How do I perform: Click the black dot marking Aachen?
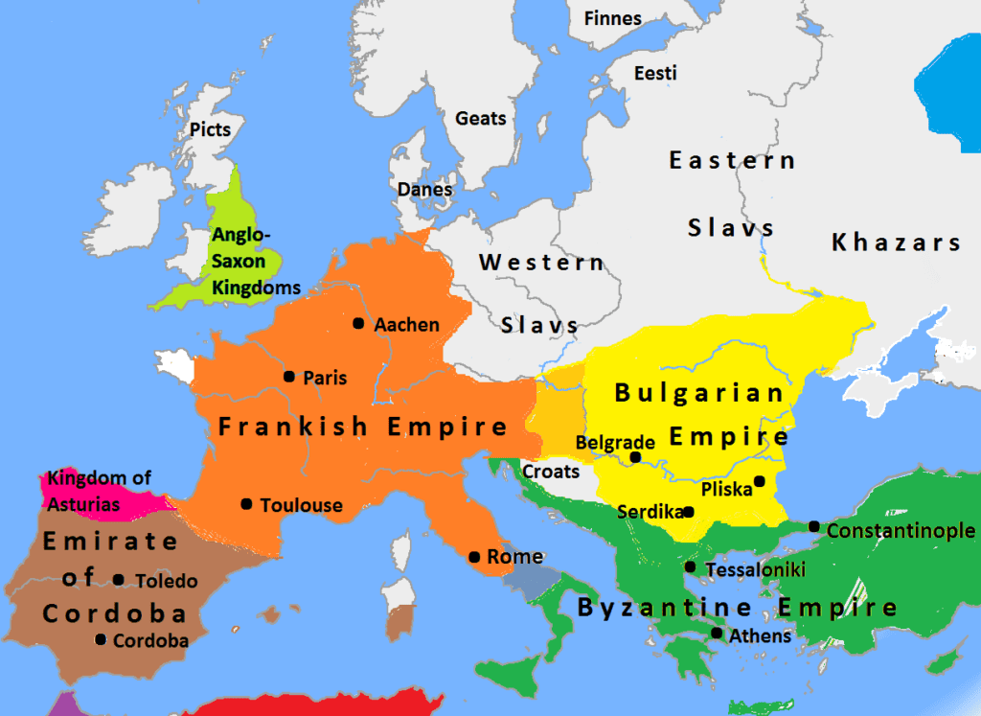coord(358,324)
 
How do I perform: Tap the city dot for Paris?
coord(289,377)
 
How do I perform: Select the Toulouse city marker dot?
coord(247,503)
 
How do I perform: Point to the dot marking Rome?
coord(474,557)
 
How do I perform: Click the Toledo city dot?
coord(119,579)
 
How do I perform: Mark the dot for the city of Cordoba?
coord(101,639)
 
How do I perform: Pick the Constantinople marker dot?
coord(813,526)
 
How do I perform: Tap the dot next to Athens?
coord(717,633)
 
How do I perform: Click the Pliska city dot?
coord(759,481)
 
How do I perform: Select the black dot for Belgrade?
coord(635,457)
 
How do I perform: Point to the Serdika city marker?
coord(688,512)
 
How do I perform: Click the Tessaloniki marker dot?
coord(690,567)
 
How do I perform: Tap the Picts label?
coord(211,128)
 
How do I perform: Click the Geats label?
coord(480,118)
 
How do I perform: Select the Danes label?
coord(424,189)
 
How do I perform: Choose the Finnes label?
coord(612,18)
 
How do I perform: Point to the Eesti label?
coord(655,73)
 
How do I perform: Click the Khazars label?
coord(896,242)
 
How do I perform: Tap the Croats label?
coord(551,472)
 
